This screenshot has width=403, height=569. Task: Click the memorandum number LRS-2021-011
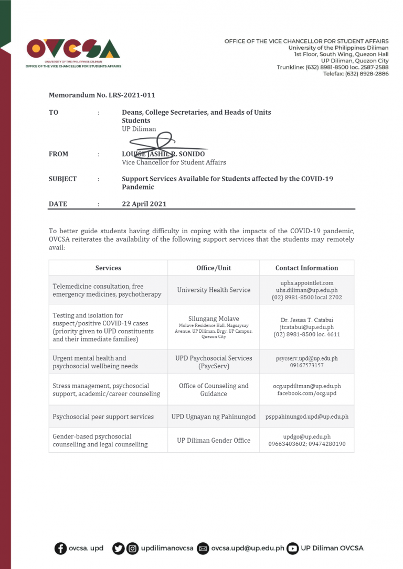pyautogui.click(x=102, y=95)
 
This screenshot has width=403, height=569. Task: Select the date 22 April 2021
pyautogui.click(x=144, y=204)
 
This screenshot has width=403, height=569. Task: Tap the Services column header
pyautogui.click(x=108, y=268)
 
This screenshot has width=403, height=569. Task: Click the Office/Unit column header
pyautogui.click(x=214, y=268)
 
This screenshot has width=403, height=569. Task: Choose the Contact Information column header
pyautogui.click(x=306, y=268)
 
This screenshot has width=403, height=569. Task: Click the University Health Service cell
pyautogui.click(x=214, y=290)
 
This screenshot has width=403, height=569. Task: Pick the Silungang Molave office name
pyautogui.click(x=214, y=319)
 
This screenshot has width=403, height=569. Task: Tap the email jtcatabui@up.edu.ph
pyautogui.click(x=306, y=326)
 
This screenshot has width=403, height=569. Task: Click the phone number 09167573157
pyautogui.click(x=306, y=365)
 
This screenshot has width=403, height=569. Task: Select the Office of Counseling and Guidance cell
pyautogui.click(x=214, y=389)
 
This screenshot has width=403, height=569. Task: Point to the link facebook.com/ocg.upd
pyautogui.click(x=306, y=393)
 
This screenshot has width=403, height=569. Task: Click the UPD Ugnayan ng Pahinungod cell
pyautogui.click(x=214, y=417)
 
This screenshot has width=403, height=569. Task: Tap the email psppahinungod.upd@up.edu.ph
pyautogui.click(x=306, y=417)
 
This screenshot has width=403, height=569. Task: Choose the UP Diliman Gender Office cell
pyautogui.click(x=214, y=440)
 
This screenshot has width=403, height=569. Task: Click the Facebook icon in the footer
pyautogui.click(x=60, y=549)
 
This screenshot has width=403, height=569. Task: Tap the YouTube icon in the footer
pyautogui.click(x=292, y=549)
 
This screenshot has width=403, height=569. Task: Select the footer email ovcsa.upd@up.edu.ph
pyautogui.click(x=248, y=549)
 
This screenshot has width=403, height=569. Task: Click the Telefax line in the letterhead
pyautogui.click(x=355, y=74)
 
